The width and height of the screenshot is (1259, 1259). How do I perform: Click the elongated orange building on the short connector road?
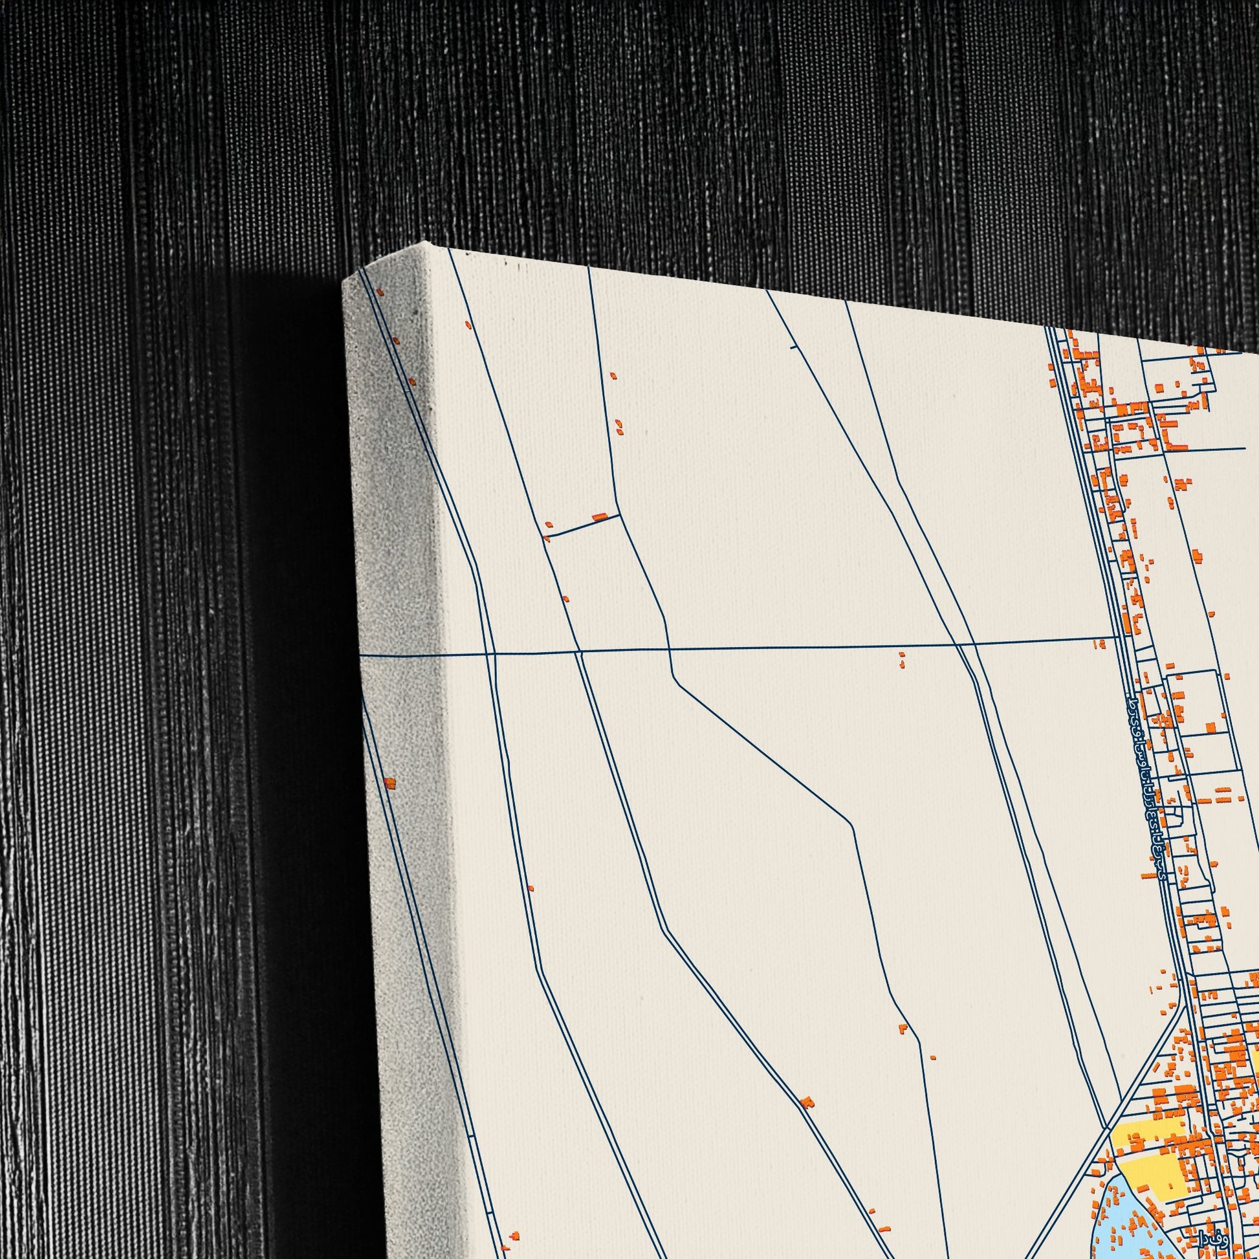pyautogui.click(x=599, y=518)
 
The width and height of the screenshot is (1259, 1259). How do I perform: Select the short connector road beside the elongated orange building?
pyautogui.click(x=580, y=525)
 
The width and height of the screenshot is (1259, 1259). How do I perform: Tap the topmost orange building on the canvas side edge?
pyautogui.click(x=380, y=294)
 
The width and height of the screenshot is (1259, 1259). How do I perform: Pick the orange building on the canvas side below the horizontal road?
pyautogui.click(x=389, y=783)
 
